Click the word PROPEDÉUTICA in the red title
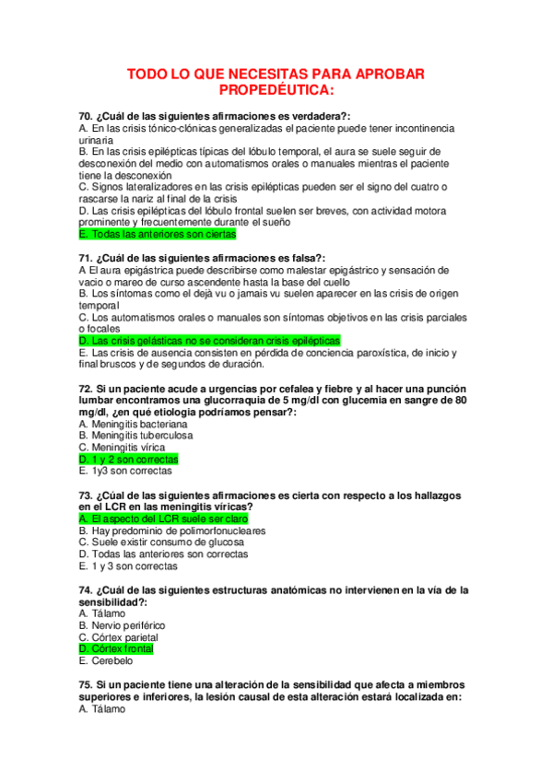(276, 90)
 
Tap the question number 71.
(87, 257)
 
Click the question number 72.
(87, 388)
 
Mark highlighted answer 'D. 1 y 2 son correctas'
(129, 459)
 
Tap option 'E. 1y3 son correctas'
(125, 470)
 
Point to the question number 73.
(87, 495)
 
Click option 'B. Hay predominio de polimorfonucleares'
(172, 530)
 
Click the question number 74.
(87, 589)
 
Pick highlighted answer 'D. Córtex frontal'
(116, 649)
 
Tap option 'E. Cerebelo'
(106, 660)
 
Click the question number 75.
(87, 685)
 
